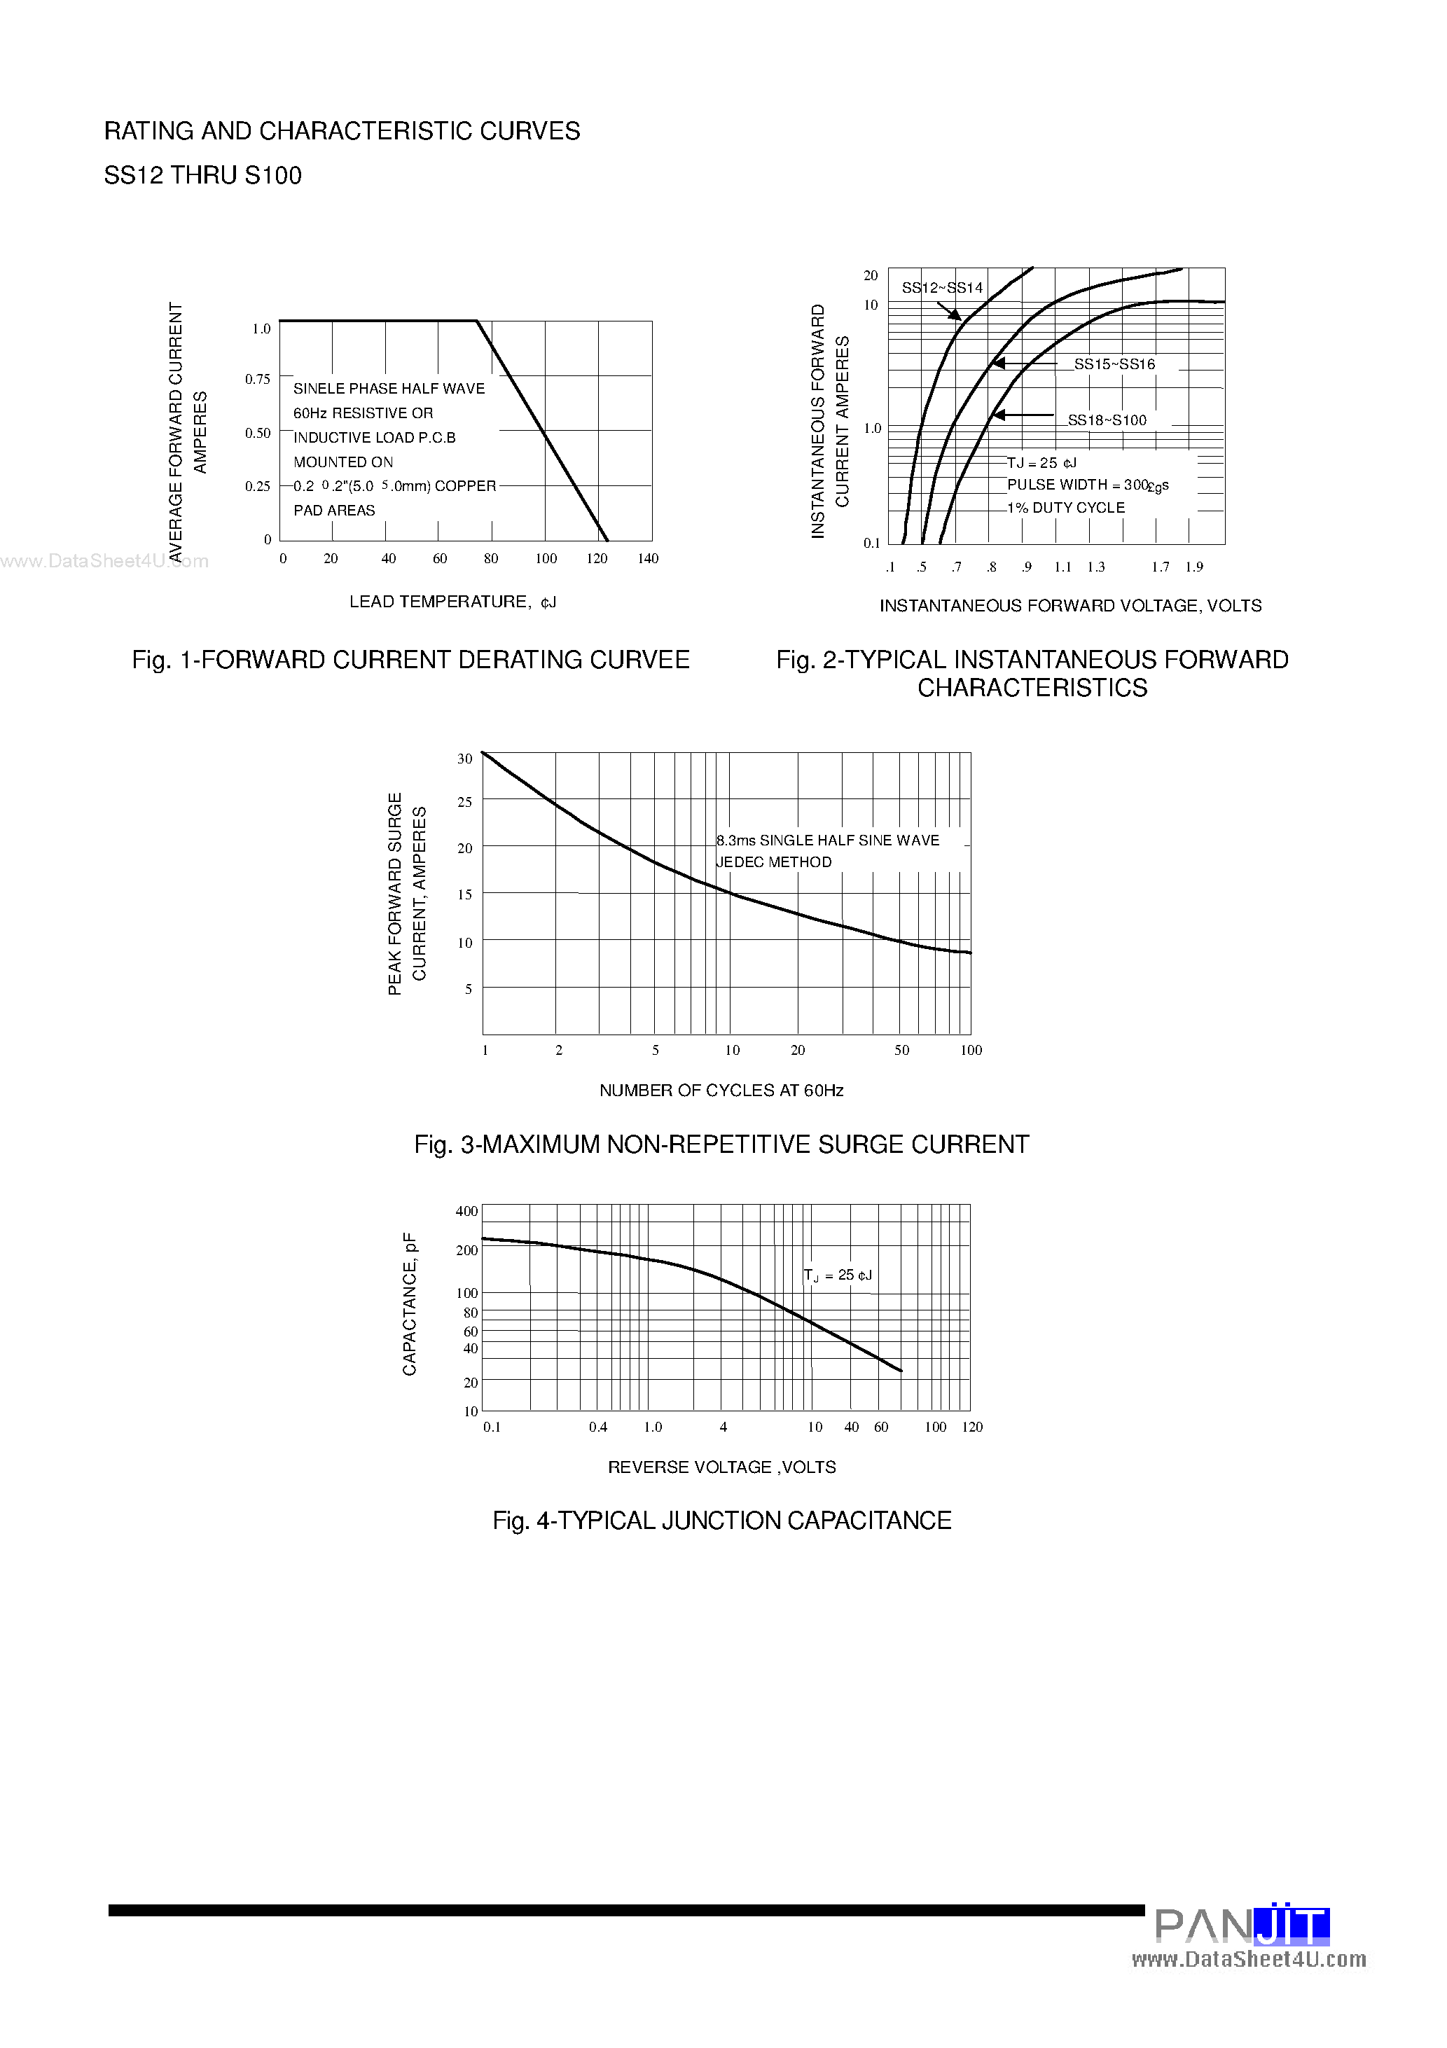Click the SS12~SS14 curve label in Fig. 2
[x=942, y=287]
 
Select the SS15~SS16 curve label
[x=1114, y=364]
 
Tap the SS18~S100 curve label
[x=1107, y=420]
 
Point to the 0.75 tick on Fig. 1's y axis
[x=258, y=379]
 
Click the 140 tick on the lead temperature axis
[x=648, y=558]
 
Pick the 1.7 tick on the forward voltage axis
[x=1160, y=567]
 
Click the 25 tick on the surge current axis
[x=465, y=802]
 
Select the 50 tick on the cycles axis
[x=902, y=1050]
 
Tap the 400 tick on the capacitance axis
[x=466, y=1211]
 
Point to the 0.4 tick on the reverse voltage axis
[x=597, y=1427]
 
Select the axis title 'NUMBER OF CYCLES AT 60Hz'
[x=721, y=1090]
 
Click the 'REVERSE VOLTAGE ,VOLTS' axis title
[x=721, y=1467]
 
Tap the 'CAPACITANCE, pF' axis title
[x=410, y=1304]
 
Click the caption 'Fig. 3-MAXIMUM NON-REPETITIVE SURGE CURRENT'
[x=721, y=1144]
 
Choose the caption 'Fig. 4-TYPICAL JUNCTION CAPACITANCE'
[x=721, y=1521]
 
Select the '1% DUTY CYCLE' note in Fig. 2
[x=1066, y=508]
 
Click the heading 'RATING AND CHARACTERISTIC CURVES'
[x=342, y=131]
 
